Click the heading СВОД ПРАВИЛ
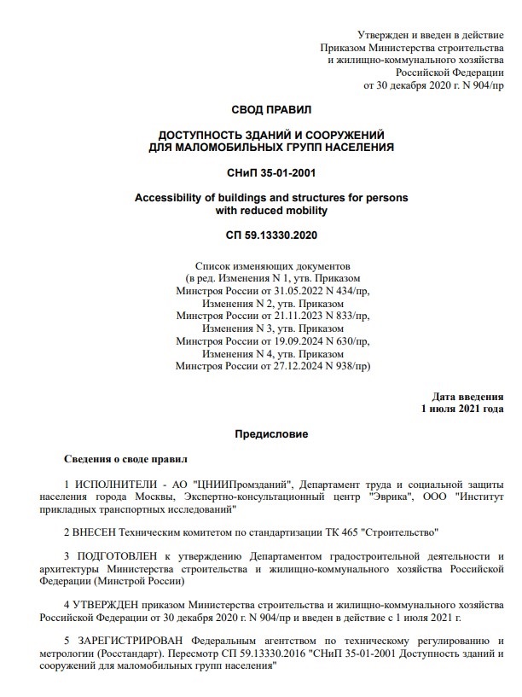271,110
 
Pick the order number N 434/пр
338,291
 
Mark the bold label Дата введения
467,397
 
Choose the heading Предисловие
271,434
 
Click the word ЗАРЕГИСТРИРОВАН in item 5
128,641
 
